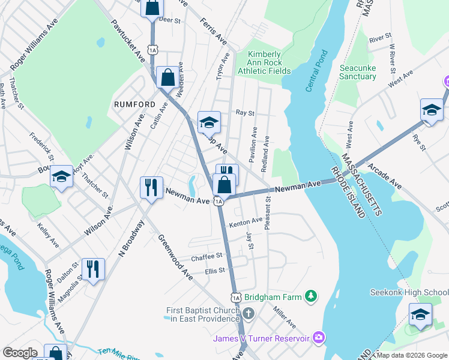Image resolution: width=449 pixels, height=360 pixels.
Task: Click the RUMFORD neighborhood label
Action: pos(131,104)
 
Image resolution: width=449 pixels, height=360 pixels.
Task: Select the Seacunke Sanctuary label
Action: pos(358,72)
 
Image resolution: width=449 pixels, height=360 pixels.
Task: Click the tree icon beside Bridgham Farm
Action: pos(310,296)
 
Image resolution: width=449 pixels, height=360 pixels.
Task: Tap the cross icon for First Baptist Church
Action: pos(249,313)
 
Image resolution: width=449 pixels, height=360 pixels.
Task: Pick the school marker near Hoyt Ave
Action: pos(61,177)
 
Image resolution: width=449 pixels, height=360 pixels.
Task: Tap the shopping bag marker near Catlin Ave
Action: pos(167,77)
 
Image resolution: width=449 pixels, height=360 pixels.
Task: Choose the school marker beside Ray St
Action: pos(208,122)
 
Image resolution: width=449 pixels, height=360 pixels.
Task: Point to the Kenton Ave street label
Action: pos(246,222)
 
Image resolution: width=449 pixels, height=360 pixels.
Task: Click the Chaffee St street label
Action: pos(206,258)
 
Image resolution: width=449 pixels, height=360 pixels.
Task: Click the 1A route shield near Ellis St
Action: pos(235,297)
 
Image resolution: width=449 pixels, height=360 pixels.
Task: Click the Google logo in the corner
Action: pos(20,353)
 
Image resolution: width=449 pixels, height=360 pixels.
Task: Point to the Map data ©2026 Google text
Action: pos(412,355)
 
